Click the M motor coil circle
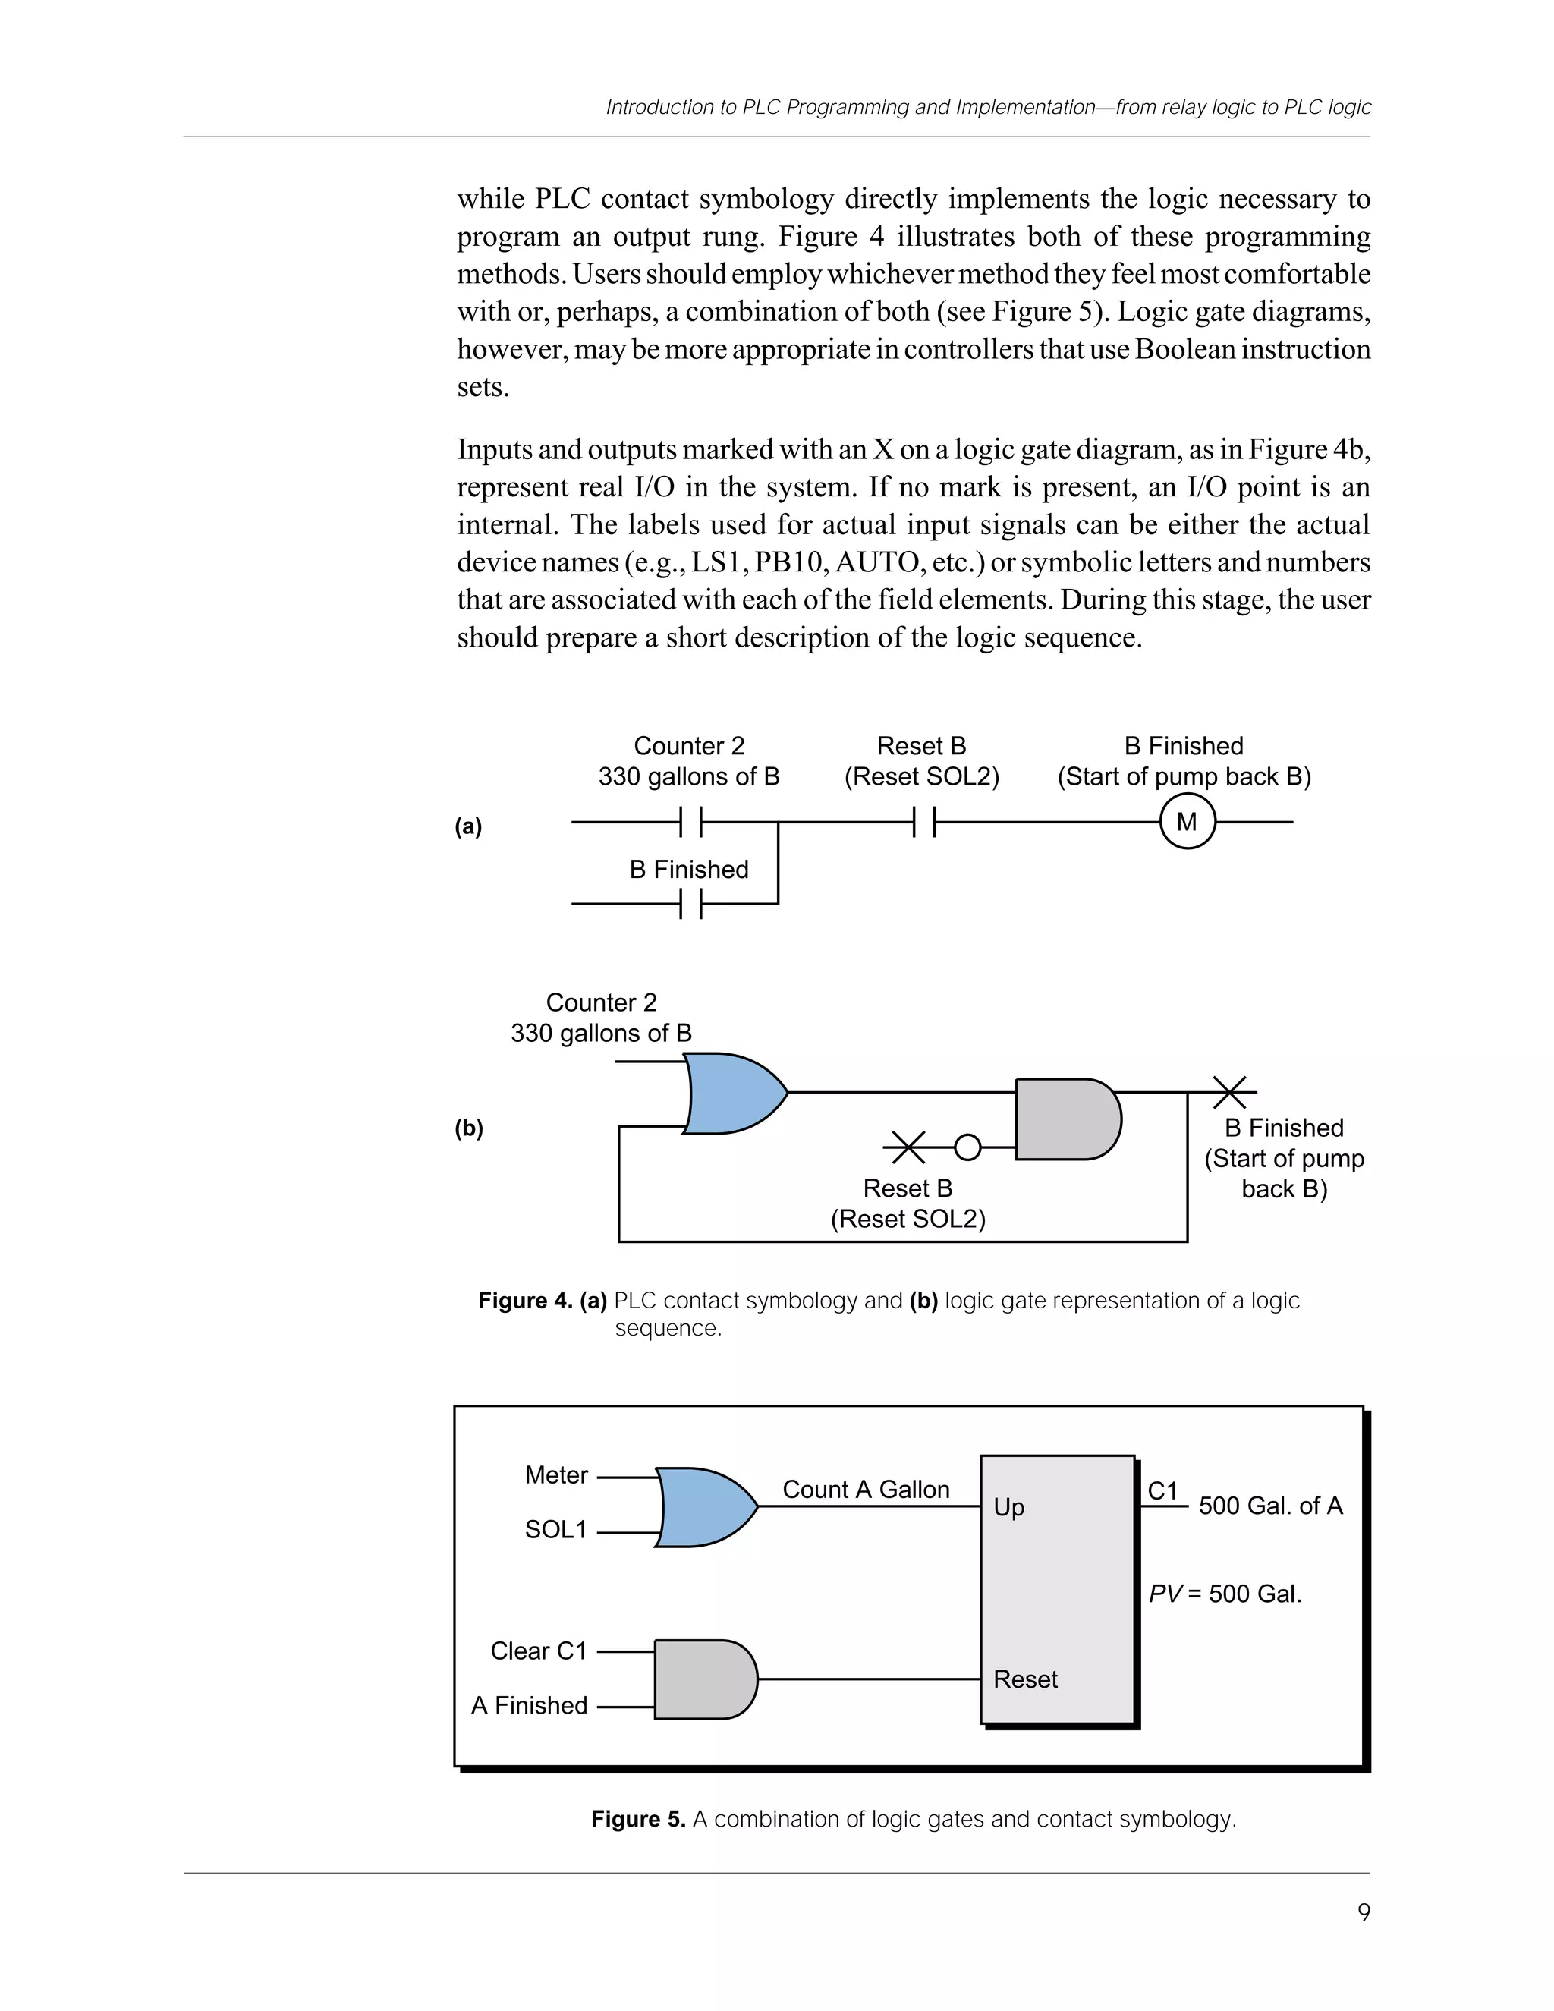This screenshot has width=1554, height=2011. [1187, 821]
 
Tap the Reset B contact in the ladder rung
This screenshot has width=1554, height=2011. [924, 821]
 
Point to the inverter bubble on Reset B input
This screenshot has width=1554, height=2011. [967, 1147]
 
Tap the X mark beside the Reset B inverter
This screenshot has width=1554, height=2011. [908, 1147]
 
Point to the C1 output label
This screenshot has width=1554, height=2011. [1162, 1490]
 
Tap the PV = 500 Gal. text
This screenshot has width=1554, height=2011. [1225, 1594]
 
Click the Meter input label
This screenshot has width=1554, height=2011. [556, 1475]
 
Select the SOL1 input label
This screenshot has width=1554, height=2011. [556, 1529]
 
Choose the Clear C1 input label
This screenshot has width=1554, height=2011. [539, 1651]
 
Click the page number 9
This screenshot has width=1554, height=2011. [1364, 1912]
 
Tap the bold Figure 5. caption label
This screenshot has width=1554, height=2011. [638, 1818]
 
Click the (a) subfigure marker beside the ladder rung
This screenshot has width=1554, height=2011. [469, 826]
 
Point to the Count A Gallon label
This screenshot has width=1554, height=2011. [865, 1490]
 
